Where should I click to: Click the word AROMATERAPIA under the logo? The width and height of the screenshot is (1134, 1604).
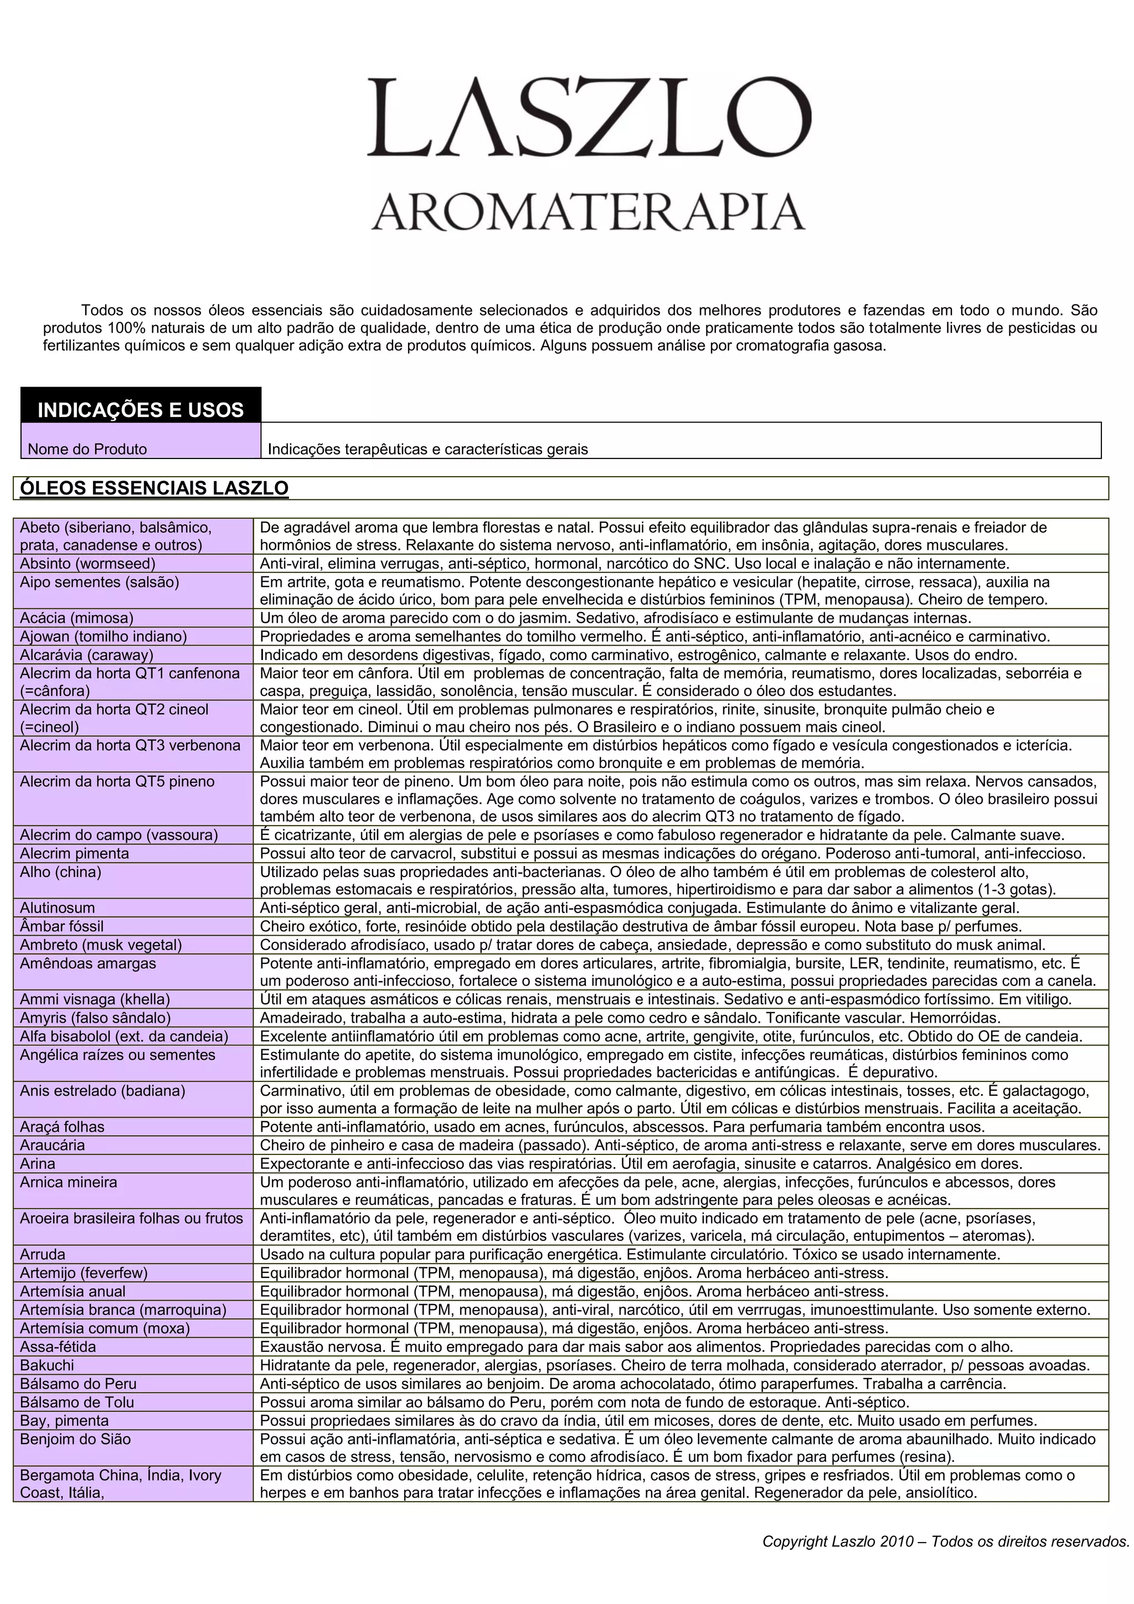(x=589, y=211)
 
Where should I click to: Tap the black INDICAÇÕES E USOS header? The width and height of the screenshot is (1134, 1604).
(x=141, y=409)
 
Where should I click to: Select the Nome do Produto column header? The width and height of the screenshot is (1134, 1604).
(x=87, y=449)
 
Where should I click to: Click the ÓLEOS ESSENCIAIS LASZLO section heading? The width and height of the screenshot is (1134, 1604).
(x=154, y=488)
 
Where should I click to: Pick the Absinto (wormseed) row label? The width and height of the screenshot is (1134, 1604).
(x=87, y=564)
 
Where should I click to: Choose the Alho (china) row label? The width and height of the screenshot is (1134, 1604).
(x=60, y=872)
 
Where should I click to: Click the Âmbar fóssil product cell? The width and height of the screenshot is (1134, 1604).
(x=61, y=926)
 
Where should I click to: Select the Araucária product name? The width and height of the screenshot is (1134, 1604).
(x=53, y=1145)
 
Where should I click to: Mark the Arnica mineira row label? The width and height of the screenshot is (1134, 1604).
(x=69, y=1182)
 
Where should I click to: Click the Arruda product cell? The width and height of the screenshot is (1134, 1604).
(x=43, y=1254)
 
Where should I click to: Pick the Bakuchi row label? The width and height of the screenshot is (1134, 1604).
(x=47, y=1365)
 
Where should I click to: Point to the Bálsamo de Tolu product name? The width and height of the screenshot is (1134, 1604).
(x=77, y=1402)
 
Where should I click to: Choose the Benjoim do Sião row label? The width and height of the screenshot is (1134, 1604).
(x=75, y=1439)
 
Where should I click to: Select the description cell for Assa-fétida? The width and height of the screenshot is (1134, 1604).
(x=636, y=1347)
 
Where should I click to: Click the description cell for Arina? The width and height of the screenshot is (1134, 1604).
(x=641, y=1164)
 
